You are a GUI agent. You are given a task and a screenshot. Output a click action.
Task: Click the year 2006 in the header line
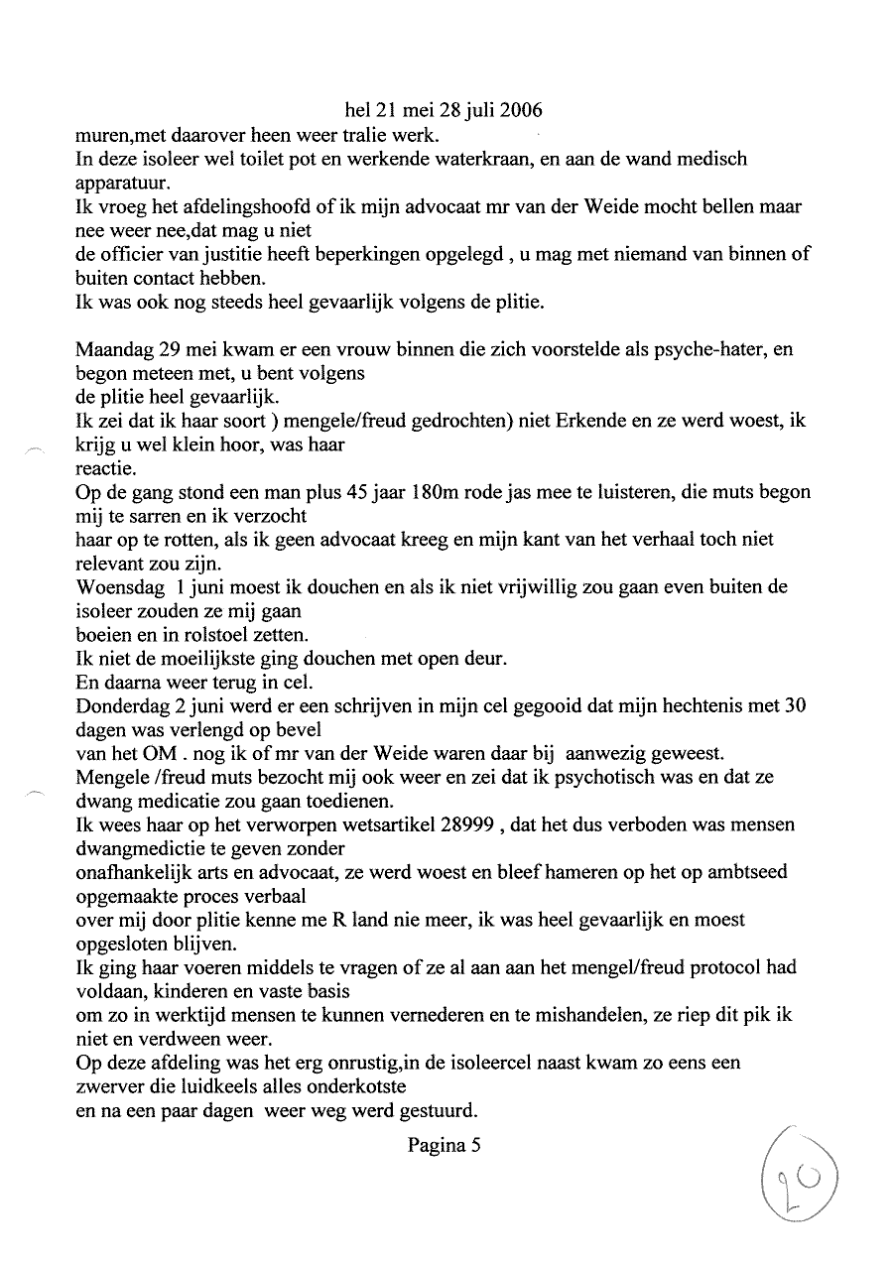click(x=521, y=110)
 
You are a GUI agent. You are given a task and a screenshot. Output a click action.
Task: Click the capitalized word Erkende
click(x=568, y=422)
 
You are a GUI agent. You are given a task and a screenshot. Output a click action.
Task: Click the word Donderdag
click(x=121, y=706)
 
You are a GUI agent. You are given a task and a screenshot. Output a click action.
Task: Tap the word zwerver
click(x=109, y=1086)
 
